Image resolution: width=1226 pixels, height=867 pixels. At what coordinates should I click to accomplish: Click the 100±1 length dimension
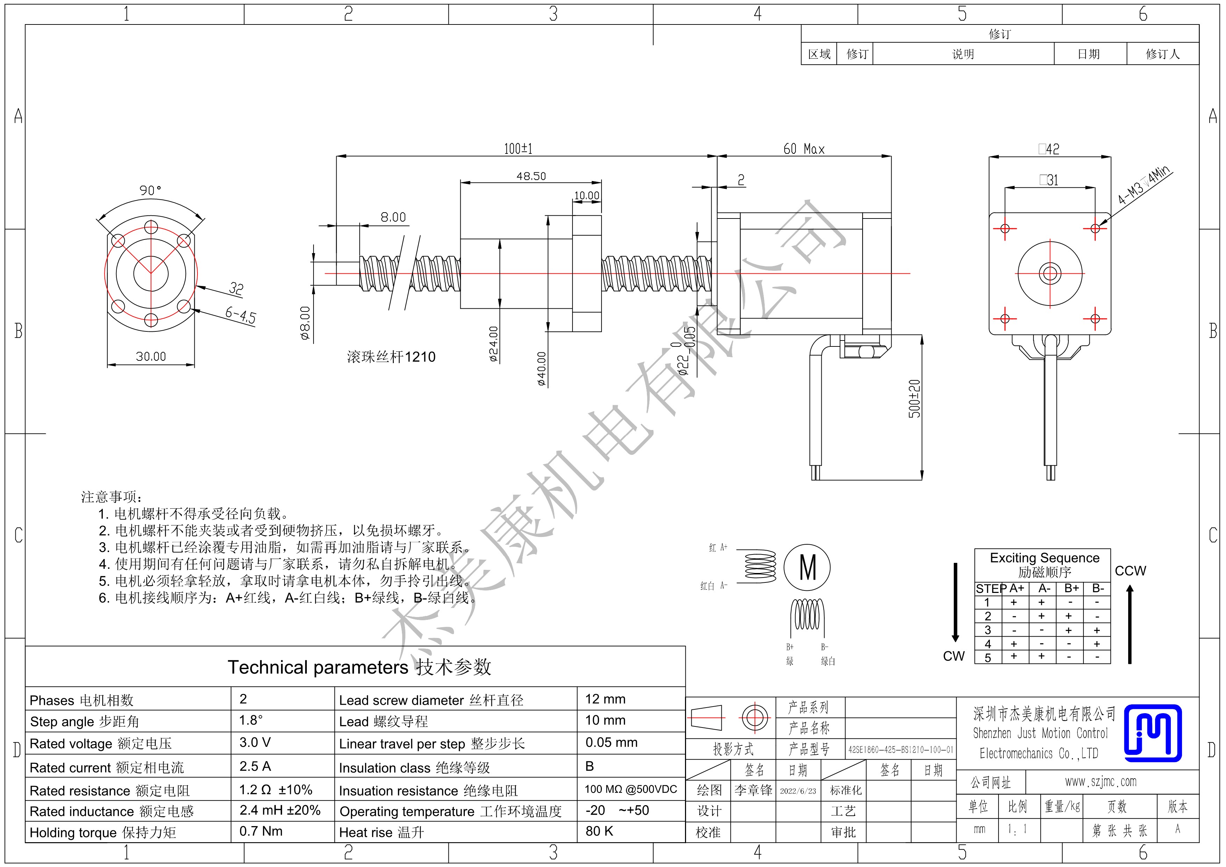click(518, 149)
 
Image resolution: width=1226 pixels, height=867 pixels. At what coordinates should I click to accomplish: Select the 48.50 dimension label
click(531, 176)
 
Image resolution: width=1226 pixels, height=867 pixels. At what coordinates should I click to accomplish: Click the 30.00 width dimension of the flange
click(151, 356)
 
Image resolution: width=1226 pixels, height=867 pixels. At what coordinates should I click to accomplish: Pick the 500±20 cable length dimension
click(915, 399)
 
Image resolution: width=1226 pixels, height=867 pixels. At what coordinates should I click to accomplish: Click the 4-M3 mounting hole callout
click(1144, 185)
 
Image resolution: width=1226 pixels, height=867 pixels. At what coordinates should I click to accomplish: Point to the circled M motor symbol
click(807, 567)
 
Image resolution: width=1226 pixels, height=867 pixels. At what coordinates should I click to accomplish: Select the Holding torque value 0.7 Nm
click(261, 831)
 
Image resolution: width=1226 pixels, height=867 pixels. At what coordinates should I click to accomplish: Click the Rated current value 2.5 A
click(255, 767)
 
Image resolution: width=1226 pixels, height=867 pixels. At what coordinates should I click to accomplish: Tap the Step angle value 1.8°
click(251, 720)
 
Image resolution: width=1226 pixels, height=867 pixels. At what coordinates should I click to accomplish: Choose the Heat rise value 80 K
click(599, 831)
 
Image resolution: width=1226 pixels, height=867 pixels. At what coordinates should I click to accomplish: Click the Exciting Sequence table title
click(1045, 558)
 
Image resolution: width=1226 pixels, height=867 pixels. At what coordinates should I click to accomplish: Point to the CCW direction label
click(1131, 571)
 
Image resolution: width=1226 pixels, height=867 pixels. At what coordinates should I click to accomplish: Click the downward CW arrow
click(955, 602)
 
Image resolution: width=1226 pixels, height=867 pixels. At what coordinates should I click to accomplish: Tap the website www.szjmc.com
click(1101, 782)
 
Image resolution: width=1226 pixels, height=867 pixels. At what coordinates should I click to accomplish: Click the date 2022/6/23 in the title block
click(798, 790)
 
